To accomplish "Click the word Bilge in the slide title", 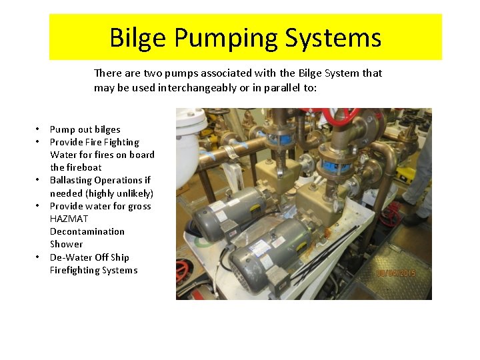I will pos(139,38).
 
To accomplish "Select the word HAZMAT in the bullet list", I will pos(69,219).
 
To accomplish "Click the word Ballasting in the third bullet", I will pos(71,181).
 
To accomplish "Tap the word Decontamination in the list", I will pos(87,231).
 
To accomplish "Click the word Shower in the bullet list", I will pos(67,244).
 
